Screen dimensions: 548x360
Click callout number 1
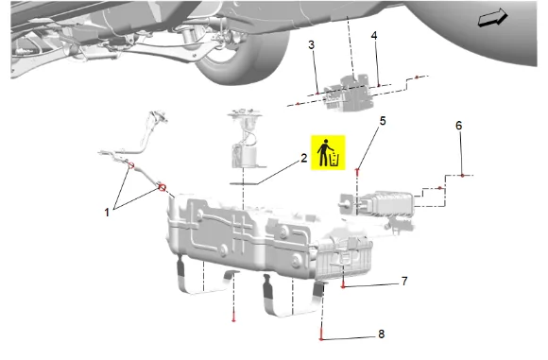point(107,213)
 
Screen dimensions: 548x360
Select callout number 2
point(304,158)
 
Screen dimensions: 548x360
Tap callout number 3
point(312,44)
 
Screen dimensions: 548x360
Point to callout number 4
point(374,35)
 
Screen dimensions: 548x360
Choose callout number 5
point(383,121)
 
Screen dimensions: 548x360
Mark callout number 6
point(459,126)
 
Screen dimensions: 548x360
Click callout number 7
point(404,281)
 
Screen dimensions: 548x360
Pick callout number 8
point(382,334)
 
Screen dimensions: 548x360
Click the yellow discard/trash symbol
point(328,152)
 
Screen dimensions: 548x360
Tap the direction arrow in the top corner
point(493,18)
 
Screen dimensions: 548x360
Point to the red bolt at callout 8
point(321,336)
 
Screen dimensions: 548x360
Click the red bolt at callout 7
point(343,285)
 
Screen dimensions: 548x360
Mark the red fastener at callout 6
point(462,175)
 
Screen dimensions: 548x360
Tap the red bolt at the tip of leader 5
point(357,171)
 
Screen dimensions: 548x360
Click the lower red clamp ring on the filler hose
point(163,188)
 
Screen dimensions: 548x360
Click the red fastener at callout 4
point(379,85)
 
